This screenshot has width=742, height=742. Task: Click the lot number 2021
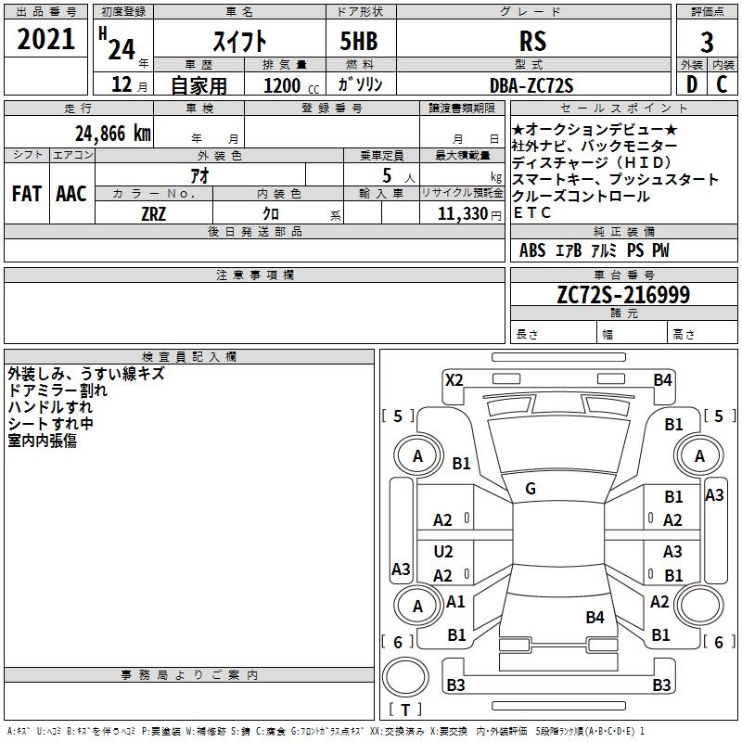[x=46, y=40]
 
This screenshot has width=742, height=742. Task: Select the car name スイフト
[x=240, y=41]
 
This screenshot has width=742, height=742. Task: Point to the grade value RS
[x=532, y=41]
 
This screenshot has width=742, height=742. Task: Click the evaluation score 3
[x=707, y=43]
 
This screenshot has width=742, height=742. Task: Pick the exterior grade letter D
[x=691, y=84]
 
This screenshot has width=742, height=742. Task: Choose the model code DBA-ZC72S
[x=531, y=85]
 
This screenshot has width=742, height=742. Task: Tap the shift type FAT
[x=26, y=194]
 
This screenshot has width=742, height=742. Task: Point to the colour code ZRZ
[x=153, y=213]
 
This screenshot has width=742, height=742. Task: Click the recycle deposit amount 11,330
[x=462, y=213]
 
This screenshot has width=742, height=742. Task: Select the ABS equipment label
[x=532, y=250]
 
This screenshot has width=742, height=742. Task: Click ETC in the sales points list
[x=532, y=212]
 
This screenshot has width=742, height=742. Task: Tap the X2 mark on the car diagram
[x=454, y=379]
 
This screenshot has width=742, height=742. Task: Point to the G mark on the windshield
[x=531, y=489]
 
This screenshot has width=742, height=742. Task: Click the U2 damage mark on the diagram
[x=443, y=552]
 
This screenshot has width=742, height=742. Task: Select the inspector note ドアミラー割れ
[x=58, y=390]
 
